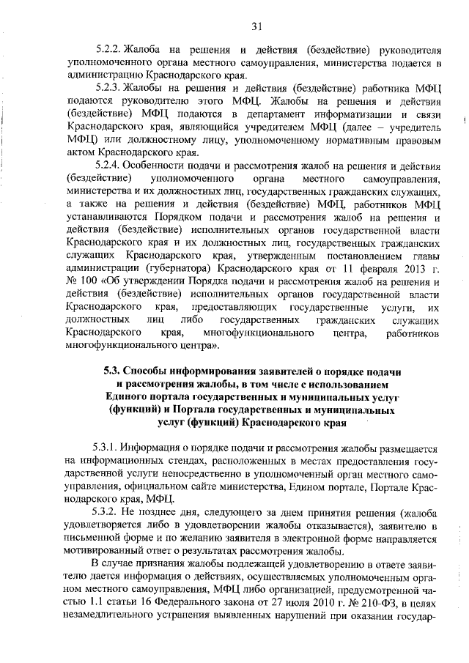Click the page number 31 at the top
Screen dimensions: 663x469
tap(256, 27)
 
